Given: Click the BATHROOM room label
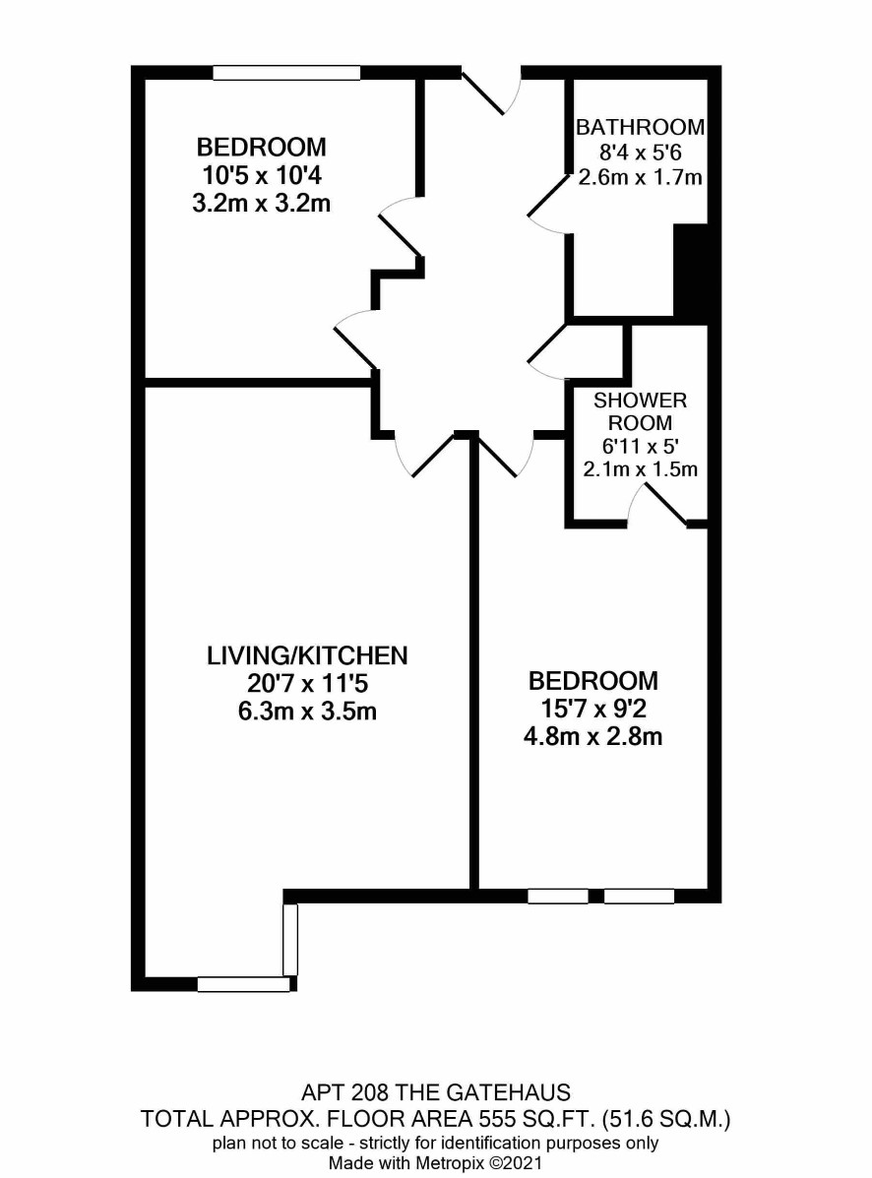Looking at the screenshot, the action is point(640,127).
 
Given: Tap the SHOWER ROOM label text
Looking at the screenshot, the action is point(640,411).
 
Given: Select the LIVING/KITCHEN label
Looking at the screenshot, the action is point(307,655).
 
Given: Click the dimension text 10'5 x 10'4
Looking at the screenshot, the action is point(262,175).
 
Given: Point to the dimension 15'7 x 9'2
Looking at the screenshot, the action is point(593,709).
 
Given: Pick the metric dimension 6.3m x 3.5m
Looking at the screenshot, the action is point(307,711).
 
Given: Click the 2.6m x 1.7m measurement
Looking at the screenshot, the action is point(640,177).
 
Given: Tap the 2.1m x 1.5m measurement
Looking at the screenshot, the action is point(640,469).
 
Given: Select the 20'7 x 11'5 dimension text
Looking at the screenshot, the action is point(307,684).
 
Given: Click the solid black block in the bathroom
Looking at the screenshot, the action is point(690,270).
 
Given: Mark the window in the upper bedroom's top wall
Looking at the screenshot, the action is point(287,73).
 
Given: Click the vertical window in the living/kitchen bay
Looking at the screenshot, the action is point(290,939).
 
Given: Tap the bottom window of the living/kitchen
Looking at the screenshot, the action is point(243,984).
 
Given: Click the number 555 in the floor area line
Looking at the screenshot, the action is point(498,1120).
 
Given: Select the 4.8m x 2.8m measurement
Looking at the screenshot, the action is point(593,736).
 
